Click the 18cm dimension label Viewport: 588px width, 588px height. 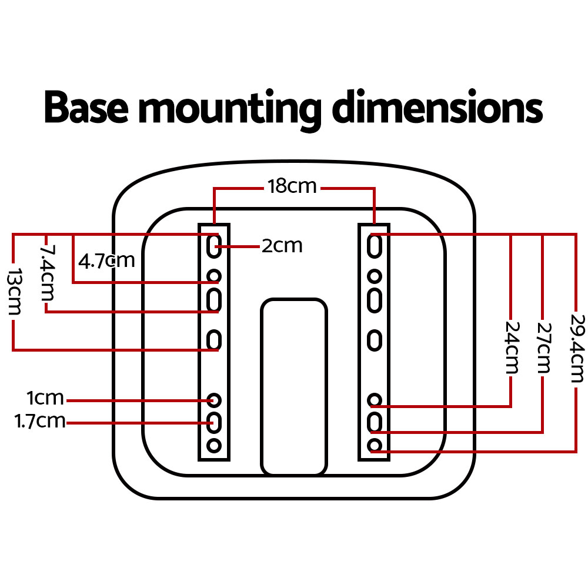(x=292, y=187)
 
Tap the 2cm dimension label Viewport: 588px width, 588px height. (x=282, y=246)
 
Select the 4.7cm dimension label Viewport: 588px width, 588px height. (x=106, y=260)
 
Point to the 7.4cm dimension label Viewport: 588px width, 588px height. (x=46, y=273)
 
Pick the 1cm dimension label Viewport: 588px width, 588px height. (x=45, y=399)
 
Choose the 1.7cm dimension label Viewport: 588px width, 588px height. (x=40, y=421)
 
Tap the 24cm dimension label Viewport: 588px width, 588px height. (x=512, y=347)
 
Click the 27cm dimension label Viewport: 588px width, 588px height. (x=544, y=347)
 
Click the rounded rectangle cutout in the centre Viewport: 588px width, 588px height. (x=293, y=386)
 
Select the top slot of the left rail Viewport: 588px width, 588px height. (x=213, y=245)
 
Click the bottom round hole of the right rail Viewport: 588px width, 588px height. (x=375, y=445)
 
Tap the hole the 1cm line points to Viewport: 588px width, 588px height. (x=214, y=400)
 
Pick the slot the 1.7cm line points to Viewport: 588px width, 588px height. (x=214, y=422)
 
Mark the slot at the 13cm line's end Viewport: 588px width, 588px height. (x=214, y=340)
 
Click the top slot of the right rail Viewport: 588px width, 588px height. (x=374, y=245)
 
